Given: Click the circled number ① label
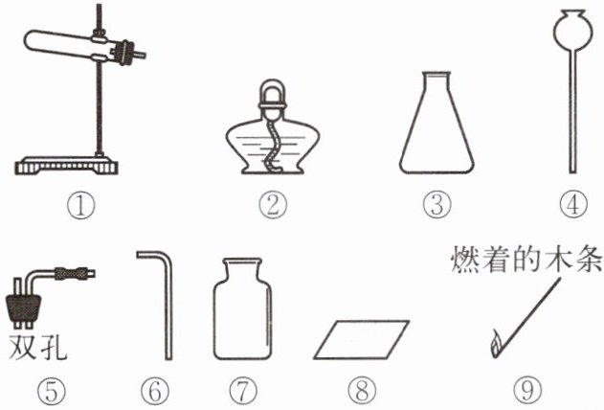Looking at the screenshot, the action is pyautogui.click(x=80, y=206).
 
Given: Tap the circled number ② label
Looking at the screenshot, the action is pyautogui.click(x=273, y=206).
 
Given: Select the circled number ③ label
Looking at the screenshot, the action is pyautogui.click(x=436, y=205).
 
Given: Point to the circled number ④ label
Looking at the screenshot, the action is pyautogui.click(x=573, y=204).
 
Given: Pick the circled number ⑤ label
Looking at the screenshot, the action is pyautogui.click(x=52, y=391).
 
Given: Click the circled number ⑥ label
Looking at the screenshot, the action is pyautogui.click(x=155, y=391).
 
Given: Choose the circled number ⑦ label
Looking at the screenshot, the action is pyautogui.click(x=243, y=391).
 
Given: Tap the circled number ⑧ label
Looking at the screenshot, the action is pyautogui.click(x=362, y=391).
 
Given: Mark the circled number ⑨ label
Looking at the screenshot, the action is pyautogui.click(x=527, y=391).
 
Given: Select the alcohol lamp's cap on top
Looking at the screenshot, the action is pyautogui.click(x=273, y=96).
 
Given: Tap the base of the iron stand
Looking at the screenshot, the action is pyautogui.click(x=66, y=166).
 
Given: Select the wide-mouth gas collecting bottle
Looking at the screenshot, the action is pyautogui.click(x=243, y=309).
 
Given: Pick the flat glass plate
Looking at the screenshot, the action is pyautogui.click(x=361, y=339).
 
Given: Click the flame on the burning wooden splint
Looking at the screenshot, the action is pyautogui.click(x=496, y=344).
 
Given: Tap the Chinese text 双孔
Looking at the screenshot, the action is pyautogui.click(x=37, y=346).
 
